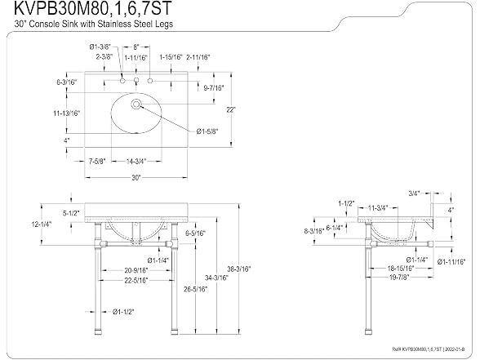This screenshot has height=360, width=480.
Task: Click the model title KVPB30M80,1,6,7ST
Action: [93, 8]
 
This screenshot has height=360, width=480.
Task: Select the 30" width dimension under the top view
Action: [136, 178]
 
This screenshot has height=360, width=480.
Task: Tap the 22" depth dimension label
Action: [231, 109]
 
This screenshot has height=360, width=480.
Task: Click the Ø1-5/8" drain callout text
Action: [207, 131]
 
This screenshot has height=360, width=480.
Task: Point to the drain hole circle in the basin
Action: [136, 104]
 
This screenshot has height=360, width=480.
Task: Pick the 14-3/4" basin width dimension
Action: [136, 161]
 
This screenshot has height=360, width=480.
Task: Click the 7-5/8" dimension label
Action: [97, 161]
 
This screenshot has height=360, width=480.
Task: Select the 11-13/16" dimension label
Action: [66, 113]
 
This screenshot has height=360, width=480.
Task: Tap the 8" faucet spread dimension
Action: [136, 47]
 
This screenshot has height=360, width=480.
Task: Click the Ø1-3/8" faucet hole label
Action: [100, 47]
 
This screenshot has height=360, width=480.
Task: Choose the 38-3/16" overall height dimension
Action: [238, 269]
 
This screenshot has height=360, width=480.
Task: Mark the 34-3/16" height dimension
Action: [217, 278]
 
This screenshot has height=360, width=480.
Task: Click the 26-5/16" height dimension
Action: [195, 289]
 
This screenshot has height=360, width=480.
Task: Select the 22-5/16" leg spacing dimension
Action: [136, 280]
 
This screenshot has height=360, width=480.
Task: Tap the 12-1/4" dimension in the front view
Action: [42, 224]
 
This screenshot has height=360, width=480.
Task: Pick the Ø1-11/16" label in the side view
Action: [451, 262]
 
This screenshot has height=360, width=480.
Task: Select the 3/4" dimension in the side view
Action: [414, 193]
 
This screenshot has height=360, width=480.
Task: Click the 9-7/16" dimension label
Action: [214, 88]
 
